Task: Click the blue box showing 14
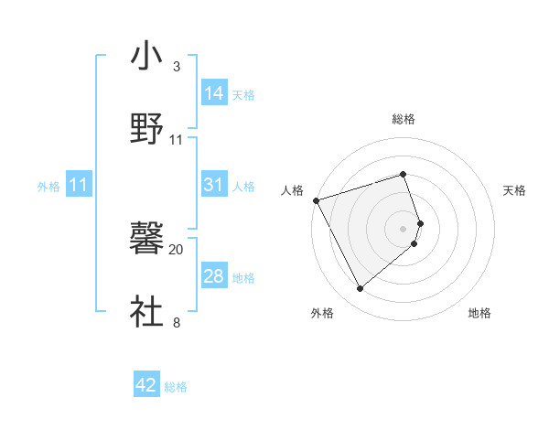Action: coord(214,92)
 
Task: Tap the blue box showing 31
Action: coord(214,185)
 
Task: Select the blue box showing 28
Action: coord(214,276)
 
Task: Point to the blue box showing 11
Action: coord(78,186)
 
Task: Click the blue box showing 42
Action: coord(146,385)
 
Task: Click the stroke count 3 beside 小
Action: coord(177,67)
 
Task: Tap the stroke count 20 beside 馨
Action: coord(177,249)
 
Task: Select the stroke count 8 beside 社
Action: coord(177,322)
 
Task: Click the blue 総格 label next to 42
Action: coord(176,387)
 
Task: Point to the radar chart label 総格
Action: coord(404,119)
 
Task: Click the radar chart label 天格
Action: coord(514,190)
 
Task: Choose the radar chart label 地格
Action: coord(479,313)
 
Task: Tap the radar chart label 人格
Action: coord(292,190)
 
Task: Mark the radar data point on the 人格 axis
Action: coord(316,199)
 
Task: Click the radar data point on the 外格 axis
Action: coord(360,289)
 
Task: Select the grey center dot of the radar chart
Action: coord(404,228)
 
